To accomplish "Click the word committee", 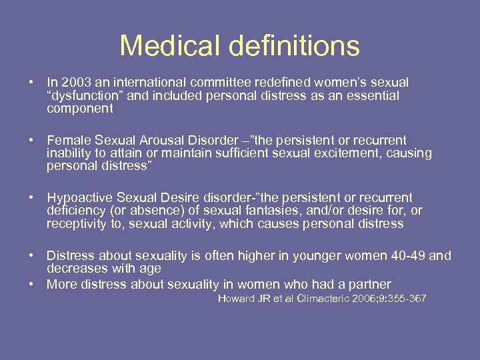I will (x=211, y=83).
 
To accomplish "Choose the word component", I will (x=80, y=109).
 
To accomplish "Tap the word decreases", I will (x=77, y=269).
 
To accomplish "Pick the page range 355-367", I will (x=403, y=298).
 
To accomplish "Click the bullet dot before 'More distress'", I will (x=31, y=285).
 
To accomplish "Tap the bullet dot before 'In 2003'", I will (x=31, y=83).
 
